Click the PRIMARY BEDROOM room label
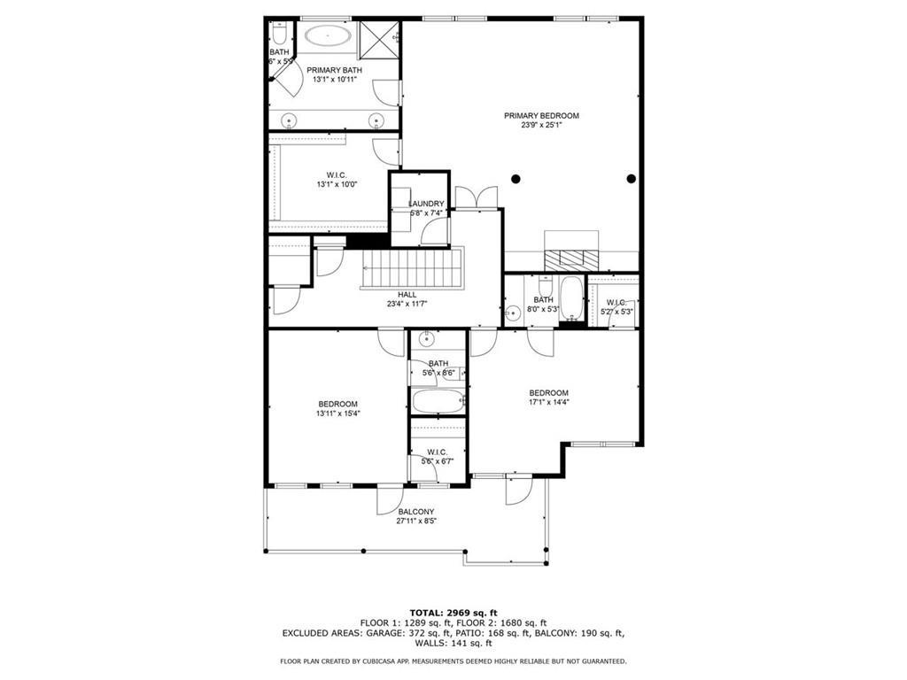(x=541, y=116)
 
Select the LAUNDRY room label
(x=426, y=204)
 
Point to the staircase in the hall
(x=412, y=267)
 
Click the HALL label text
(x=407, y=295)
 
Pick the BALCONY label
(x=415, y=512)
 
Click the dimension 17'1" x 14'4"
(x=549, y=402)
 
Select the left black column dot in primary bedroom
(x=516, y=179)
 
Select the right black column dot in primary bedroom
(x=632, y=179)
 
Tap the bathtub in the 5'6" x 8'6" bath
(x=438, y=401)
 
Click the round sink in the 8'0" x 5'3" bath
(x=511, y=313)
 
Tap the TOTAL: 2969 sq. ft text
(x=453, y=613)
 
